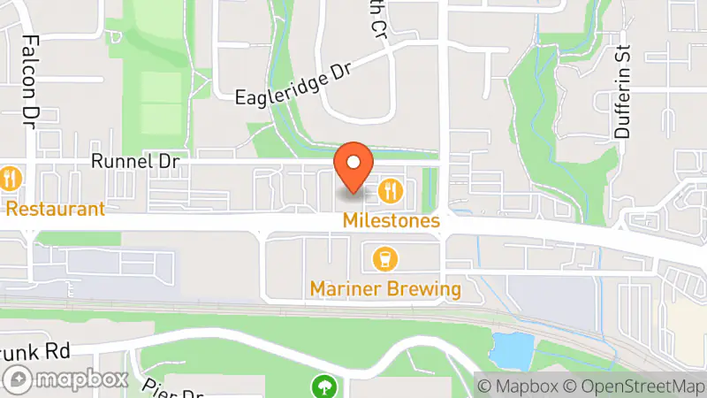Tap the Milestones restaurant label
pyautogui.click(x=392, y=220)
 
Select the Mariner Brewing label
pyautogui.click(x=385, y=289)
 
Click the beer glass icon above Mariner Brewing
pyautogui.click(x=385, y=259)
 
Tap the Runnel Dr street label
pyautogui.click(x=135, y=162)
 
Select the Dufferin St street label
pyautogui.click(x=624, y=94)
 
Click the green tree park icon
pyautogui.click(x=324, y=386)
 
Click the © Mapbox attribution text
pyautogui.click(x=519, y=387)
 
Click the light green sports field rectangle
pyautogui.click(x=160, y=102)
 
